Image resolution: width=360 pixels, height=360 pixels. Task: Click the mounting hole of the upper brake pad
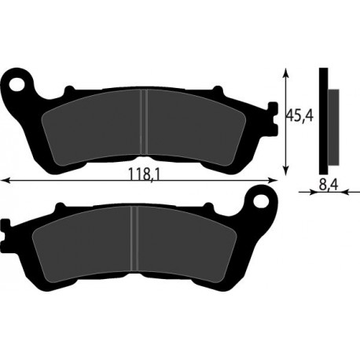tap(17, 84)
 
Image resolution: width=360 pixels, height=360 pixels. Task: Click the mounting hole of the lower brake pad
tap(262, 201)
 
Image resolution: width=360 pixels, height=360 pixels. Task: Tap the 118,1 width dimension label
tap(144, 174)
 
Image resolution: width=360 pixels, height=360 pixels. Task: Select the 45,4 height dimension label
tap(299, 116)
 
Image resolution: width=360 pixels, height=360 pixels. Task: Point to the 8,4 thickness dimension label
tap(329, 185)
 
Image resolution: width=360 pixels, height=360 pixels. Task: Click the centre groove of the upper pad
tap(144, 122)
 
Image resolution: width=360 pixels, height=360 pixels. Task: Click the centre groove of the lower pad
tap(134, 238)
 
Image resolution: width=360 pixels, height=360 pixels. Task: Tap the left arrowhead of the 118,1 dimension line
tap(6, 180)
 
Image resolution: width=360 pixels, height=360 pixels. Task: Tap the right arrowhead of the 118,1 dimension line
tap(272, 180)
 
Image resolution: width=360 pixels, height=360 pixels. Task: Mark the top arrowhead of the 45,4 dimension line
tap(287, 73)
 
